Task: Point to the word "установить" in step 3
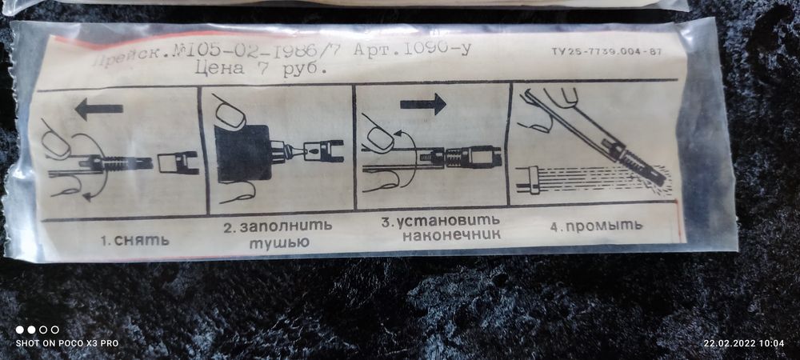pos(450,220)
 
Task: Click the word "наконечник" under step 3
pos(451,235)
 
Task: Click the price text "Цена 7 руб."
pos(261,70)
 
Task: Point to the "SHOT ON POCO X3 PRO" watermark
pos(67,343)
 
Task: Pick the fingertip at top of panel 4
pos(566,96)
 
